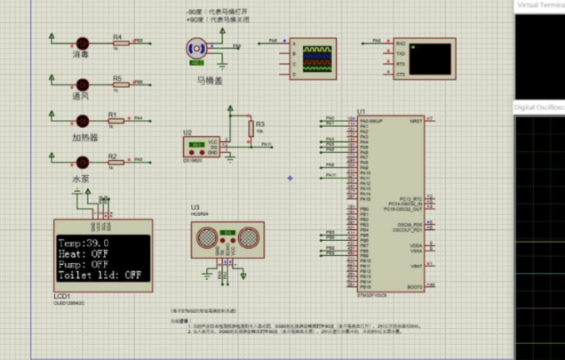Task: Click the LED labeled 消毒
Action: (x=83, y=43)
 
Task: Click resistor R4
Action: (x=117, y=43)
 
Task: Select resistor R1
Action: (x=114, y=119)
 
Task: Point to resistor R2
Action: (x=114, y=161)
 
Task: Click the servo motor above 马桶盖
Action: (x=196, y=51)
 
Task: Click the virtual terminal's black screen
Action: (x=431, y=59)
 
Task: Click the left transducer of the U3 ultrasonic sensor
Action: (x=206, y=237)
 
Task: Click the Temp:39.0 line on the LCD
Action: (x=84, y=242)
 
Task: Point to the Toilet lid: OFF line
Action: (x=99, y=275)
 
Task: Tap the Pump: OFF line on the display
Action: (x=83, y=264)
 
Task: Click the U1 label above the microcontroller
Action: (x=360, y=112)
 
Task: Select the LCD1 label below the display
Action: (x=62, y=298)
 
